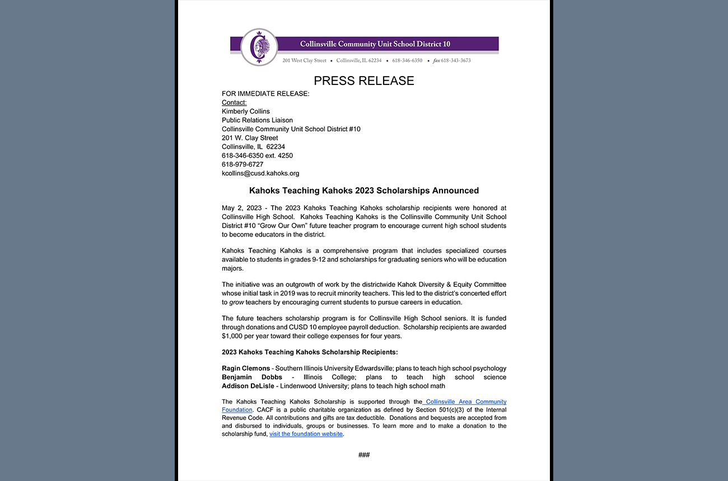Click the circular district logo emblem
point(259,47)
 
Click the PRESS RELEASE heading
point(363,81)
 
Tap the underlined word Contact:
point(234,102)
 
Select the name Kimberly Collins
point(246,111)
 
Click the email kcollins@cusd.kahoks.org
point(260,173)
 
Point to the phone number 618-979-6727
point(242,164)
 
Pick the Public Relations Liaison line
point(257,120)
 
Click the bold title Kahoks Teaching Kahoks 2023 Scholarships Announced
point(364,191)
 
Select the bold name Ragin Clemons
point(246,369)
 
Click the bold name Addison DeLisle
point(248,386)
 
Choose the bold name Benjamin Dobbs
point(252,378)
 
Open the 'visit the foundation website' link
point(306,434)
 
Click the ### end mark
point(364,455)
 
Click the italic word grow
point(236,303)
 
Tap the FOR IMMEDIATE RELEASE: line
point(265,94)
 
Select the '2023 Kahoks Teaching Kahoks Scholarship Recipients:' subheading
point(310,352)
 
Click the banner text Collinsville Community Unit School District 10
point(375,44)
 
